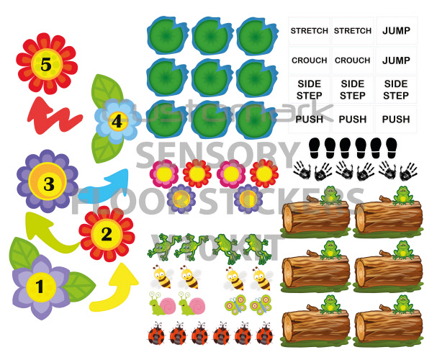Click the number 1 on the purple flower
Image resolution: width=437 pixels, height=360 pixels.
[40, 286]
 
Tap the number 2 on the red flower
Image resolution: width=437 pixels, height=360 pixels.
[107, 233]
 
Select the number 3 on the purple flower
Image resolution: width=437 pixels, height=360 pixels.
[48, 184]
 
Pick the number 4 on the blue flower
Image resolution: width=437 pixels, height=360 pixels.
[116, 122]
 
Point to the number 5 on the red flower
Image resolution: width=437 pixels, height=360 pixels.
[46, 66]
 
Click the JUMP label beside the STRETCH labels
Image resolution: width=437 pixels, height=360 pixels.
[396, 31]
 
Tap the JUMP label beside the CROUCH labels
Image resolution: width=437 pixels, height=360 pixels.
[396, 60]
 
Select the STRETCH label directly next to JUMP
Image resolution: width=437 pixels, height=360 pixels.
[353, 31]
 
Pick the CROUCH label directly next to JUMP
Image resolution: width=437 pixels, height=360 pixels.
[353, 60]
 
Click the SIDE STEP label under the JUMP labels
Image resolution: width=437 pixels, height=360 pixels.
[396, 90]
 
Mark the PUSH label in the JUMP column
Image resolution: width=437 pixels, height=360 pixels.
[396, 119]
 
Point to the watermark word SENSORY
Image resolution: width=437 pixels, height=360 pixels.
[216, 153]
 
